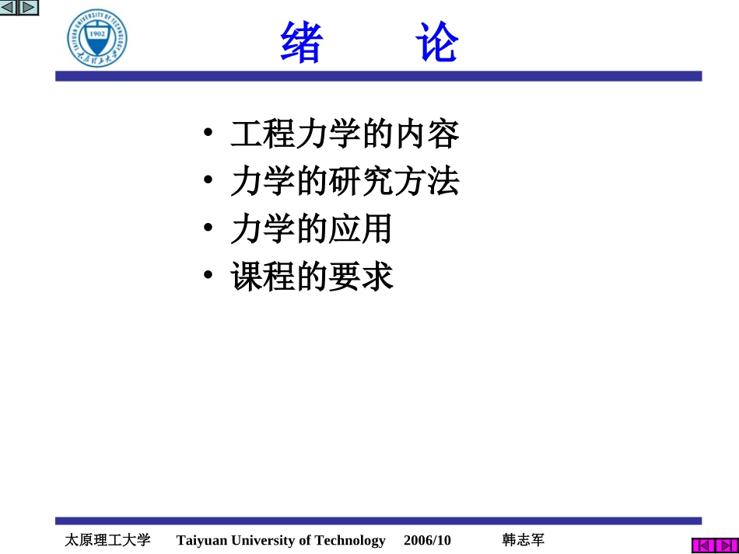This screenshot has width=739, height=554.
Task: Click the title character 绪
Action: coord(301,44)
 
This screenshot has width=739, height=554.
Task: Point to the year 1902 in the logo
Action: coord(97,35)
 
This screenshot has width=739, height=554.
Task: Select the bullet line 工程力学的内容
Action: coord(345,134)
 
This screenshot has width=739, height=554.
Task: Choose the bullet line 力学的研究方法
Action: coord(345,182)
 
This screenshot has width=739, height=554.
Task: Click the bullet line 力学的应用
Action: coord(311,229)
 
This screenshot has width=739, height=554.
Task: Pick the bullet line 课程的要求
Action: coord(311,277)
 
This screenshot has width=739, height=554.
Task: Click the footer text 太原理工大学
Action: coord(107,540)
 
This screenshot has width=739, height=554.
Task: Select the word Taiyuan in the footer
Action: coord(201,540)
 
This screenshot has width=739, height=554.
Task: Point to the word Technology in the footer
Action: coord(348,540)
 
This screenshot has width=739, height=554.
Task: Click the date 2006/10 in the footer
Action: coord(427,540)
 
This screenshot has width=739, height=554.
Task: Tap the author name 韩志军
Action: coord(524,540)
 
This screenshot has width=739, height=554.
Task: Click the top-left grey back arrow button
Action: coord(9,8)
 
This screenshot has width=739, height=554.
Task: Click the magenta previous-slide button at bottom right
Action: coord(703,545)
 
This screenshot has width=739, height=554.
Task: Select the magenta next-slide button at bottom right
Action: coord(727,545)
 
